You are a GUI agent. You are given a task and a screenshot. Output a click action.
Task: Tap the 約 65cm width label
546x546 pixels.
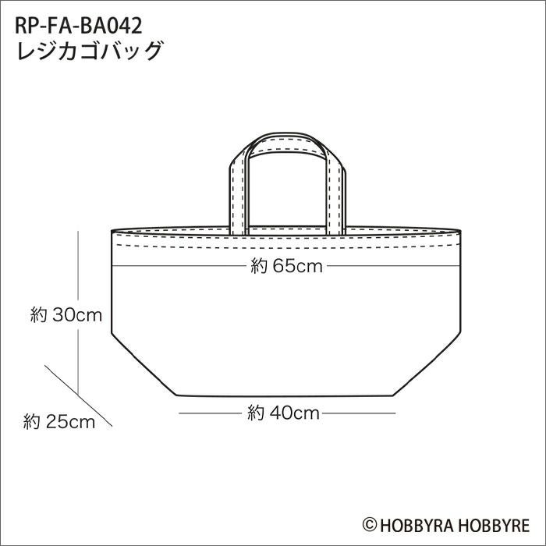tap(286, 266)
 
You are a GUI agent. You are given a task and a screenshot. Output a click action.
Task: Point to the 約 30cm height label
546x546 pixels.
tap(66, 315)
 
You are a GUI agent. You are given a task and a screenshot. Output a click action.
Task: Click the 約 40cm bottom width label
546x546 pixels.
tap(284, 413)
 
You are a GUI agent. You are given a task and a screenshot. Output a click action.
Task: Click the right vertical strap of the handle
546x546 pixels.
tap(336, 195)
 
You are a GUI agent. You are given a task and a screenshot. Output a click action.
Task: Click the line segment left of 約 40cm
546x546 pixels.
tap(211, 413)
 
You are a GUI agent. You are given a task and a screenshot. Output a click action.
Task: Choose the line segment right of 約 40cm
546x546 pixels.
tap(359, 413)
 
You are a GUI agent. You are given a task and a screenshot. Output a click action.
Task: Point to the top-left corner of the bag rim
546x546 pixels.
tap(113, 231)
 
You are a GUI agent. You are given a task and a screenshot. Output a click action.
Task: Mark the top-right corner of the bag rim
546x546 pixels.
tap(459, 231)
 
